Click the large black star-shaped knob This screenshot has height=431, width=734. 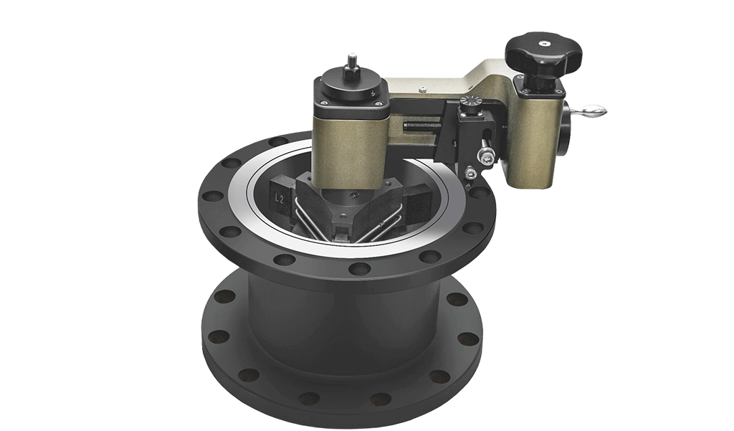[543, 54]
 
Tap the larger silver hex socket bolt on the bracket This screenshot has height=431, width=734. [487, 154]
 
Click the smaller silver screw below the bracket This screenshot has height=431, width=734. [470, 172]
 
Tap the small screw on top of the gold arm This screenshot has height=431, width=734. [423, 89]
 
